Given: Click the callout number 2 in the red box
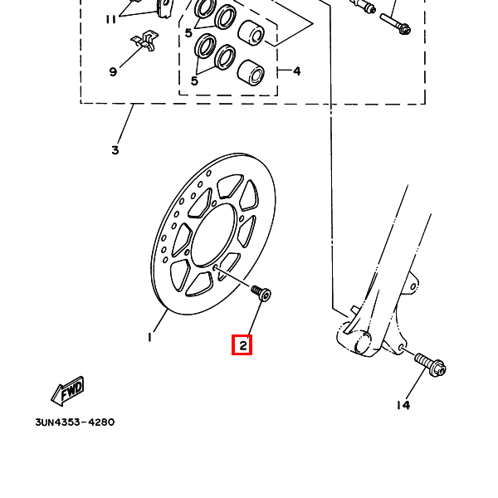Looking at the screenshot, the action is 243,345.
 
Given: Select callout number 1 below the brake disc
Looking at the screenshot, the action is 149,337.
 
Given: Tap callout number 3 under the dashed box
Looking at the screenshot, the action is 115,150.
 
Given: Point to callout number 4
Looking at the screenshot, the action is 296,71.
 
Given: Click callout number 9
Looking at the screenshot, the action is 113,71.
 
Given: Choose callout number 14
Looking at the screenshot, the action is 403,405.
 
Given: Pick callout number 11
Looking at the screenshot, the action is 111,20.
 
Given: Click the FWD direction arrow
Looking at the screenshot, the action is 68,391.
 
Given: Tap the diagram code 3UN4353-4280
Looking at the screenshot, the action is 75,422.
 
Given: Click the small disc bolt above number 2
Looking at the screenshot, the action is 261,293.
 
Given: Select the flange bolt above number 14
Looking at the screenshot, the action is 430,365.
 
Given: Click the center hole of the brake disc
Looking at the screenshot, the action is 214,235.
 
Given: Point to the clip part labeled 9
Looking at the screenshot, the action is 145,41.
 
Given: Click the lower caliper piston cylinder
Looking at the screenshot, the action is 251,73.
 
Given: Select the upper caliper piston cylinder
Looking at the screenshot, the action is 251,33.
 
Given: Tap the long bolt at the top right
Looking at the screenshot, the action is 395,23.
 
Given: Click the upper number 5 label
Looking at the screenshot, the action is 188,32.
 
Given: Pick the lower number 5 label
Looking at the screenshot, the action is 194,81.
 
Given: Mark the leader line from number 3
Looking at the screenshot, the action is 126,124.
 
